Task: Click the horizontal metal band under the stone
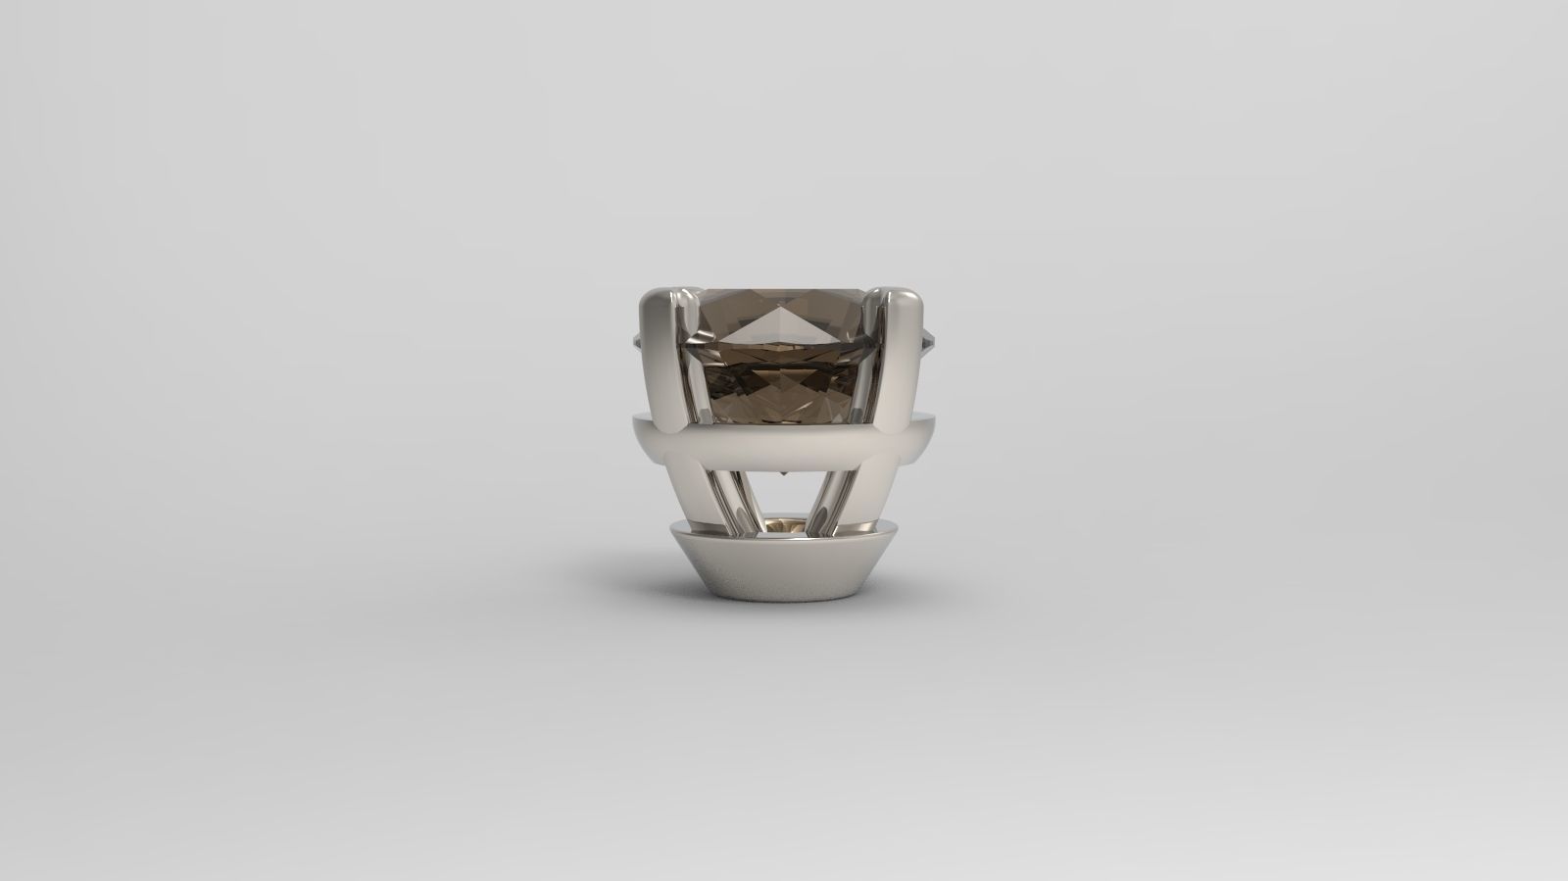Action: coord(784,446)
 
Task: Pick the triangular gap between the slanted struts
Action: coord(784,495)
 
